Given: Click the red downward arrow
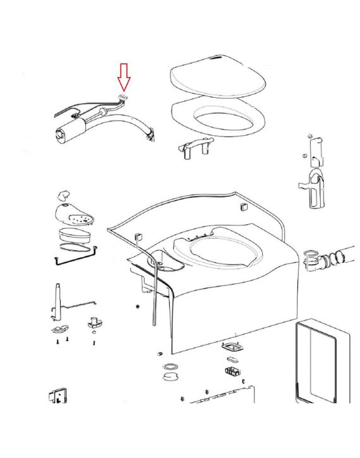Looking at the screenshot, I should tap(124, 76).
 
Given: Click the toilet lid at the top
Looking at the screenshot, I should tap(217, 80).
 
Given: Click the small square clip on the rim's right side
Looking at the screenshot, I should tap(241, 208).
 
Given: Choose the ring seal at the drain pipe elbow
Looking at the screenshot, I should tap(311, 257).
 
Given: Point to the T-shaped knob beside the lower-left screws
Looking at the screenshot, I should tap(93, 322).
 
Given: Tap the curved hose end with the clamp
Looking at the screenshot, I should tap(149, 134).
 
